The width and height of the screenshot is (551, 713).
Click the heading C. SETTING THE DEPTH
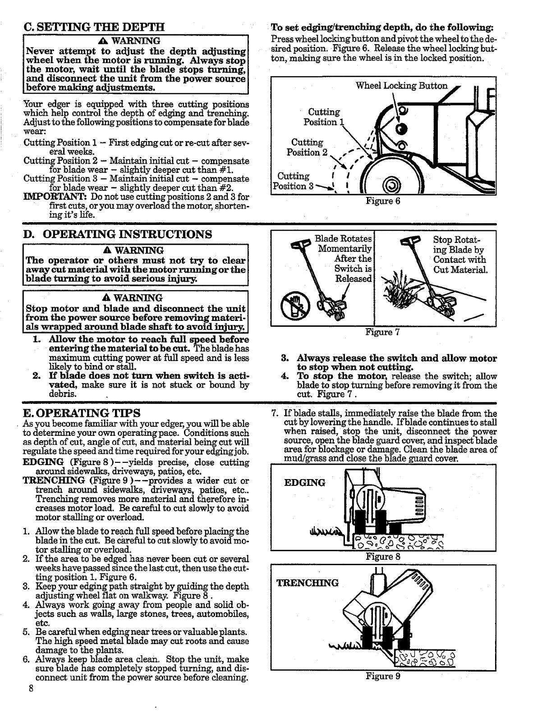pos(93,26)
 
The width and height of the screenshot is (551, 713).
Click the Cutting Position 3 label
pos(293,181)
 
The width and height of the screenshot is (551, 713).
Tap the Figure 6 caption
pos(383,201)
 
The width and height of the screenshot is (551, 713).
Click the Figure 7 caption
pos(383,333)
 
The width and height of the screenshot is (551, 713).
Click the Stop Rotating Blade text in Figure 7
pos(459,255)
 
